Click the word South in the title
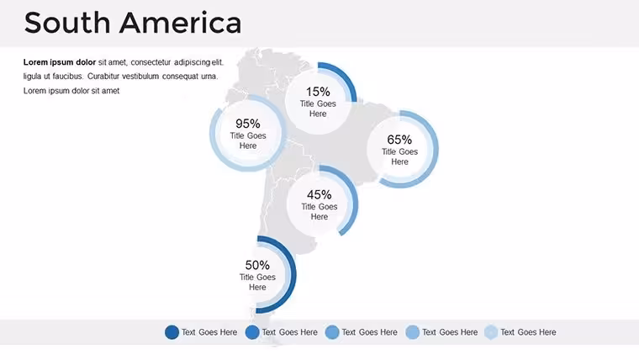tap(67, 23)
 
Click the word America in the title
tap(181, 23)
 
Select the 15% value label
tap(318, 92)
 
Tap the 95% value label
tap(248, 123)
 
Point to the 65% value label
tap(399, 140)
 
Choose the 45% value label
tap(319, 194)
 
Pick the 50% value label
tap(257, 265)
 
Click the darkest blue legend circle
tap(172, 332)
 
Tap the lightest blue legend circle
tap(491, 332)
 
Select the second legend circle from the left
tap(252, 332)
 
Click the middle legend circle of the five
tap(332, 332)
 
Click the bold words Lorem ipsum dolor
tap(60, 62)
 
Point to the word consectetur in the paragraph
tap(151, 62)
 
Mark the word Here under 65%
tap(399, 161)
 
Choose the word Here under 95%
tap(248, 146)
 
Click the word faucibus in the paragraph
tap(67, 77)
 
